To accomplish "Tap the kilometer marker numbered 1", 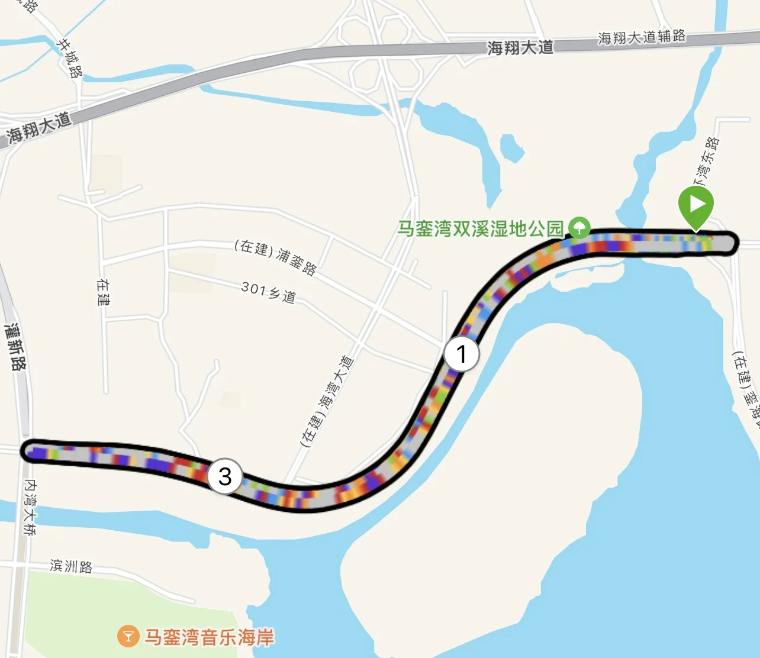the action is pyautogui.click(x=462, y=354).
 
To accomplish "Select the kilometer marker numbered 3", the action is pyautogui.click(x=225, y=476).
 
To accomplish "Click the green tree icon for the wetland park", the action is pyautogui.click(x=579, y=228).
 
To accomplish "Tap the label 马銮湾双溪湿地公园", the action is pyautogui.click(x=480, y=229).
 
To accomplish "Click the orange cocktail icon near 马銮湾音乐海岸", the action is pyautogui.click(x=128, y=637).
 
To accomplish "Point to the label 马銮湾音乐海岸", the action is pyautogui.click(x=210, y=637).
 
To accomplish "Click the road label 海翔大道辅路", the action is pyautogui.click(x=642, y=37).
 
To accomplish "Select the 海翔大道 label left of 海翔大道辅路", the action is pyautogui.click(x=520, y=47).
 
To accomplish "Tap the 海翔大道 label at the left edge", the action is pyautogui.click(x=39, y=127).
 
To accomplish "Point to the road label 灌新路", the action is pyautogui.click(x=15, y=346).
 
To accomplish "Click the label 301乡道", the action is pyautogui.click(x=269, y=292).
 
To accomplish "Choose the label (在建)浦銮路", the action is pyautogui.click(x=276, y=257).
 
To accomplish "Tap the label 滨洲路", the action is pyautogui.click(x=71, y=566).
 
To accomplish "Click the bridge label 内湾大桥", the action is pyautogui.click(x=30, y=507).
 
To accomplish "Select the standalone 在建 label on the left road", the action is pyautogui.click(x=103, y=292).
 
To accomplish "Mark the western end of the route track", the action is pyautogui.click(x=31, y=451).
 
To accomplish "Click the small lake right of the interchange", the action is pyautogui.click(x=511, y=148).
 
